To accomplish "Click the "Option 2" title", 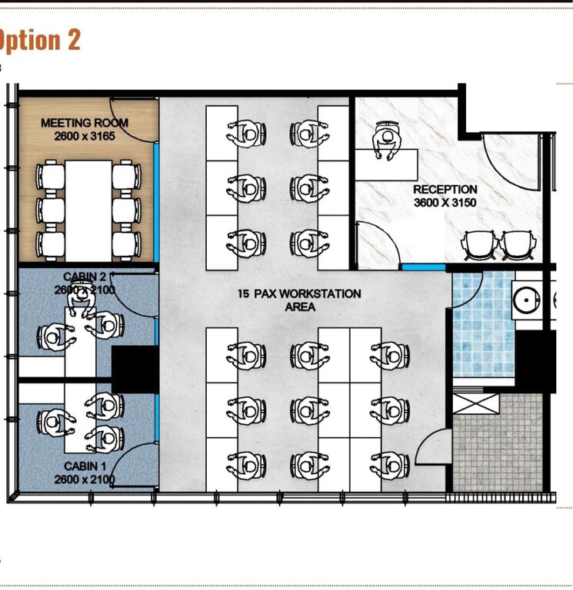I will click(40, 39).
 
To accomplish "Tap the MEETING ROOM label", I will click(85, 122).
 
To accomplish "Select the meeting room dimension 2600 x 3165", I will click(85, 136).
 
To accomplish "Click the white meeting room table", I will click(88, 210).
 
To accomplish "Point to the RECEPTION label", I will click(445, 189).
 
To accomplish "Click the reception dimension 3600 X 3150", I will click(445, 203).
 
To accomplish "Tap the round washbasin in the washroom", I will click(527, 300).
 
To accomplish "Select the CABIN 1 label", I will click(81, 466).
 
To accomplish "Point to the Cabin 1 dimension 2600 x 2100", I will click(85, 479).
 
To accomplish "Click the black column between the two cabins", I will click(135, 370).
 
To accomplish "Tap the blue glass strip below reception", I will click(423, 267).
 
